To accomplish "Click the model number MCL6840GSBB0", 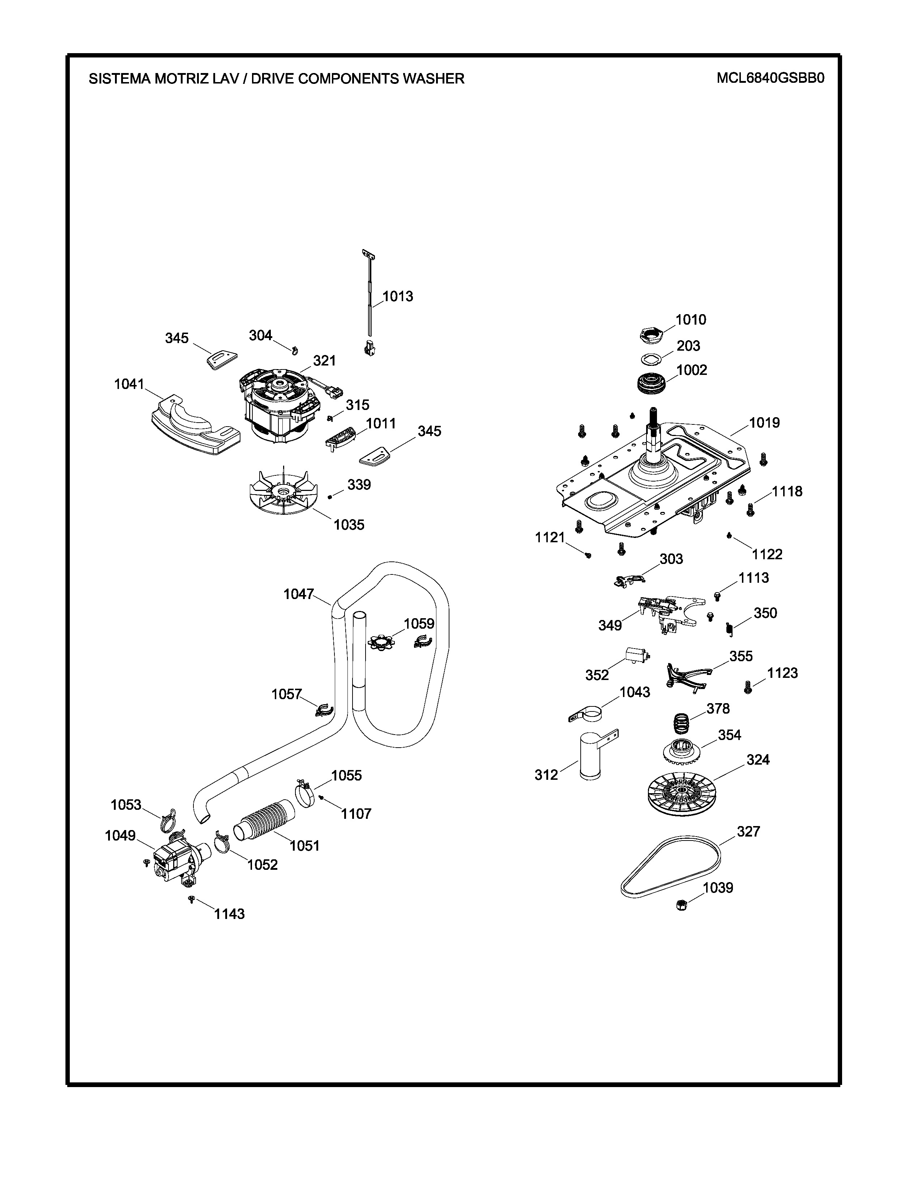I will point(770,78).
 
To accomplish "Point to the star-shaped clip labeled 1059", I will point(381,642).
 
